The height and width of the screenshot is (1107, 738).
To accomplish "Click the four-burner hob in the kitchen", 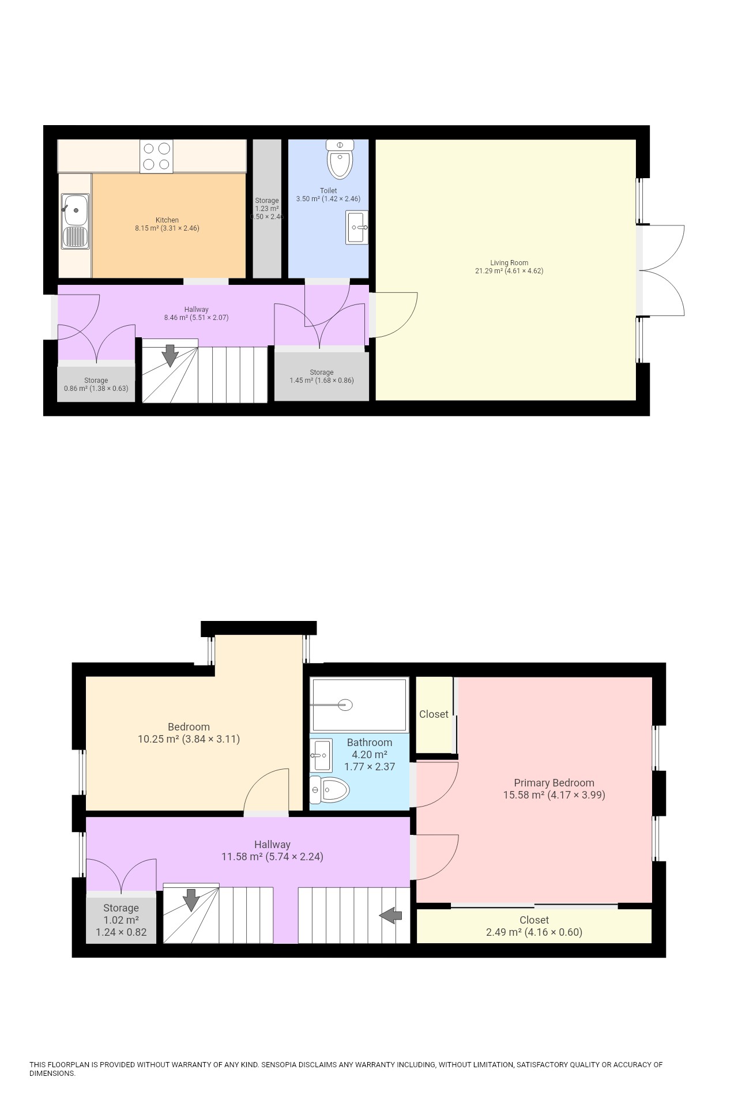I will (x=156, y=156).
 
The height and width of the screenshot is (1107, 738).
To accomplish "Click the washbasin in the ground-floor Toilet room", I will (x=356, y=228).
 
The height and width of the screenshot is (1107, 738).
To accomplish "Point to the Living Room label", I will (x=509, y=263).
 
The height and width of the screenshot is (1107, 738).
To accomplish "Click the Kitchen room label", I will (x=167, y=220).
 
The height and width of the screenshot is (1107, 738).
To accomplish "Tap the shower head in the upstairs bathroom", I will (x=345, y=705).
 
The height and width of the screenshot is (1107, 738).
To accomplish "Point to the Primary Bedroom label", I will (x=553, y=783).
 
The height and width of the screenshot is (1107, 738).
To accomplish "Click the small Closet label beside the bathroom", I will (x=434, y=714).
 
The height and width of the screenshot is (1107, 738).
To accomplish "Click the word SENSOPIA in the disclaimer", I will (x=279, y=1065).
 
